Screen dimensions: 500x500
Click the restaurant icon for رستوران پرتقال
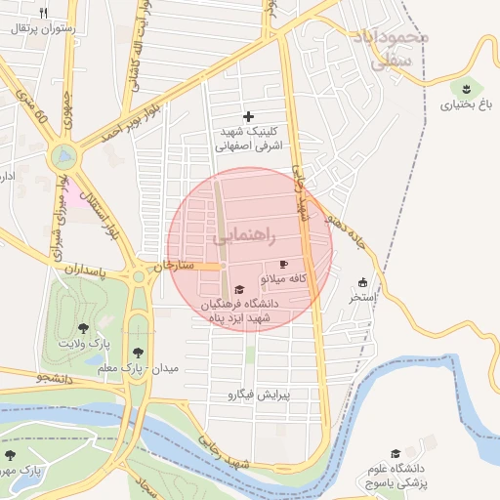43,13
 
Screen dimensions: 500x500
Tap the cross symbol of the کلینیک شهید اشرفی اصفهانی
248,116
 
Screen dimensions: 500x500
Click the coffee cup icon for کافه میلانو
284,265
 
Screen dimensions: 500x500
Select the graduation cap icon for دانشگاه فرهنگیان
239,289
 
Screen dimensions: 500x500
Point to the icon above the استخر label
363,282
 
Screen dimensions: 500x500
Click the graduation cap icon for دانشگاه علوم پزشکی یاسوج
396,454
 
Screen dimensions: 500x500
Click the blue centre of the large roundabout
64,154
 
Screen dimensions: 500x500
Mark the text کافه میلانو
284,279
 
